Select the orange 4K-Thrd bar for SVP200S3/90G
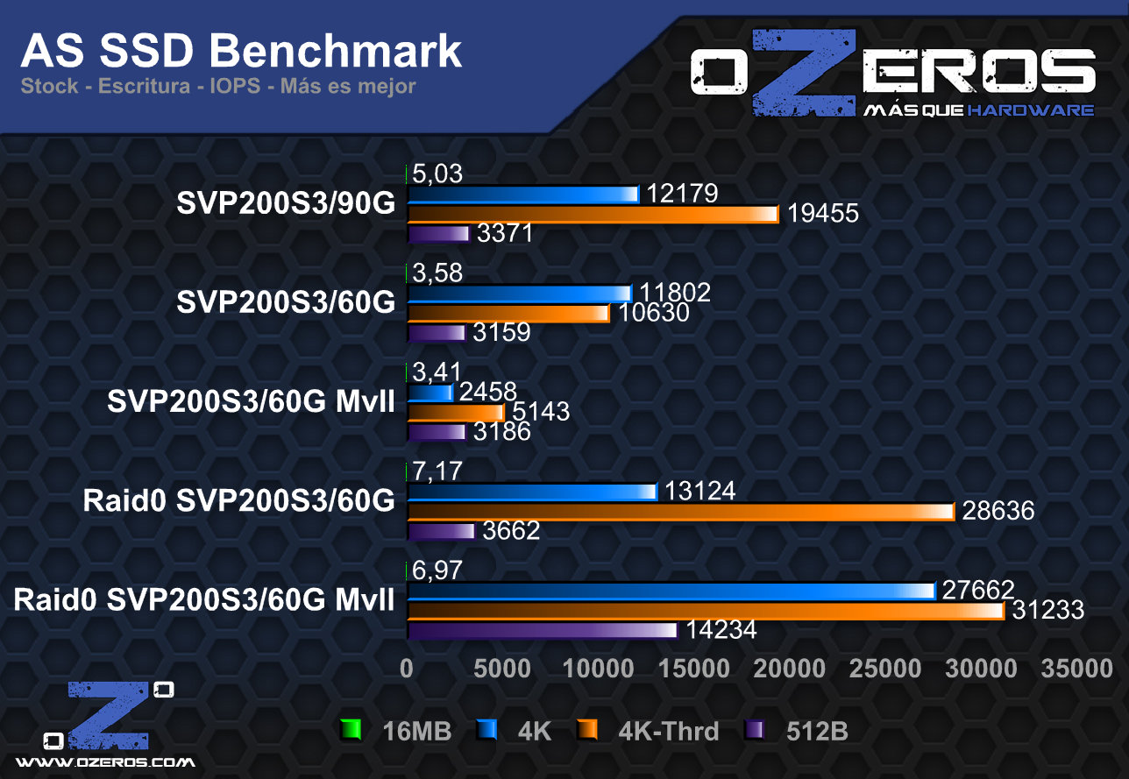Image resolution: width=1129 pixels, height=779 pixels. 593,214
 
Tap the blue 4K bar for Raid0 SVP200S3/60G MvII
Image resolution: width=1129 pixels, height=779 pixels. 671,591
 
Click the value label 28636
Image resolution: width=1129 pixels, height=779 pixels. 998,511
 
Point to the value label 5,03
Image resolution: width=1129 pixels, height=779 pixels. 437,174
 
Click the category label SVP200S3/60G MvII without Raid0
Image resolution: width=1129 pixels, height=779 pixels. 251,402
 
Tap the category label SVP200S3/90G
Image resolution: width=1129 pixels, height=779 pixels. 286,203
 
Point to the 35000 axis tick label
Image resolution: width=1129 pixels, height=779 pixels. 1076,669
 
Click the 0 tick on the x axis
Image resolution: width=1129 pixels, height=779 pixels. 407,669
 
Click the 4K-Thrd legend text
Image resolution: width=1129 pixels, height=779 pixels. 668,731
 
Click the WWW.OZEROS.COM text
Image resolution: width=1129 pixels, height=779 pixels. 106,762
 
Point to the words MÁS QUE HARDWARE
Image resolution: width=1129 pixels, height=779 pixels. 978,110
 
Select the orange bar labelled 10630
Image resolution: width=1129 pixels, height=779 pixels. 508,314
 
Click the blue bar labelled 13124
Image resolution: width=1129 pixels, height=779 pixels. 532,492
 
